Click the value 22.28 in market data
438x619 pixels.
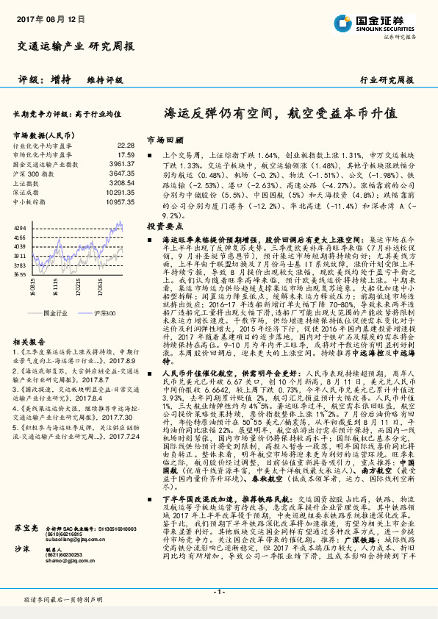click(x=126, y=146)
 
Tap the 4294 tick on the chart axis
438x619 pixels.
click(x=20, y=229)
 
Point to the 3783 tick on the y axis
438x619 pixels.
click(x=20, y=264)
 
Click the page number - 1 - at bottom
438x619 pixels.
click(x=218, y=591)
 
